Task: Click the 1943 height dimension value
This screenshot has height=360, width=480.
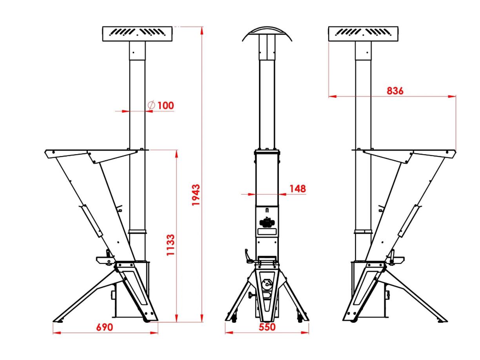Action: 196,195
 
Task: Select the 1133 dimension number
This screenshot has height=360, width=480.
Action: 171,245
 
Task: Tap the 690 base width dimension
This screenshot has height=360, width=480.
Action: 105,327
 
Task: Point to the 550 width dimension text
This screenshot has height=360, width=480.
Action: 267,327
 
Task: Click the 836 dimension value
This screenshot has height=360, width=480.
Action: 395,91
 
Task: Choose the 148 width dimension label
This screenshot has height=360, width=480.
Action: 298,189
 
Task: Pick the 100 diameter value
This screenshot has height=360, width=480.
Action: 166,105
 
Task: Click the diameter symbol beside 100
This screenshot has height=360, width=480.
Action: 151,105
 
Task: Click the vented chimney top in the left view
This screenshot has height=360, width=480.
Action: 137,34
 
